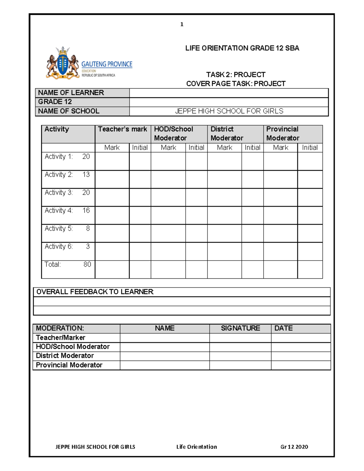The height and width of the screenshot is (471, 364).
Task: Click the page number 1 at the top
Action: tap(182, 25)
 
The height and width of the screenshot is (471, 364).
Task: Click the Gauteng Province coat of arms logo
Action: tap(63, 63)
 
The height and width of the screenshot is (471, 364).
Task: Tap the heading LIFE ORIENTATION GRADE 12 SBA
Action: tap(242, 48)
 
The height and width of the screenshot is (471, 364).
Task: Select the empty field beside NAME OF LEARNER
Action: tap(229, 93)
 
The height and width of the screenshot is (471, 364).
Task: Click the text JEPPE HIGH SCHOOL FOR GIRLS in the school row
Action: tap(229, 111)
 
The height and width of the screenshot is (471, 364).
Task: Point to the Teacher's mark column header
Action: tap(123, 130)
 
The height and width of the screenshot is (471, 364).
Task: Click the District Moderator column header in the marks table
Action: tap(227, 134)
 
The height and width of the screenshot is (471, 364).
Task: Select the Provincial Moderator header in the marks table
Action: tap(282, 134)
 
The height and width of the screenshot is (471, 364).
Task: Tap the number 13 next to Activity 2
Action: tap(86, 175)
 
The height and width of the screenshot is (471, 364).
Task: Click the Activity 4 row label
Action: tap(59, 210)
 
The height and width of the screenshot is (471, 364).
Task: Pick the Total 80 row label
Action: tap(68, 264)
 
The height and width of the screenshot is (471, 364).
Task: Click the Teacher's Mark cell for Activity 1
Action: tap(112, 161)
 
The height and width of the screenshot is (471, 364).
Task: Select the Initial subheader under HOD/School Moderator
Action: tap(196, 148)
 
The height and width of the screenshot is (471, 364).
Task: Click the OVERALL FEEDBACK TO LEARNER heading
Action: tap(95, 292)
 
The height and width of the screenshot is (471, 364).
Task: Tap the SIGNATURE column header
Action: tap(240, 328)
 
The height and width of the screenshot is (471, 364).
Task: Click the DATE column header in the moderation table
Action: tap(283, 328)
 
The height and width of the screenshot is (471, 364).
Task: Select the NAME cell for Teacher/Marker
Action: tap(164, 338)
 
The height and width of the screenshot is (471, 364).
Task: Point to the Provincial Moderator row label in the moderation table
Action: tap(69, 365)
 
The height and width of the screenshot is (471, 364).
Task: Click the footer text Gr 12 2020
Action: tap(294, 447)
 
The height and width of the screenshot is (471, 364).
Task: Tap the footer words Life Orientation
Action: tap(197, 447)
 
